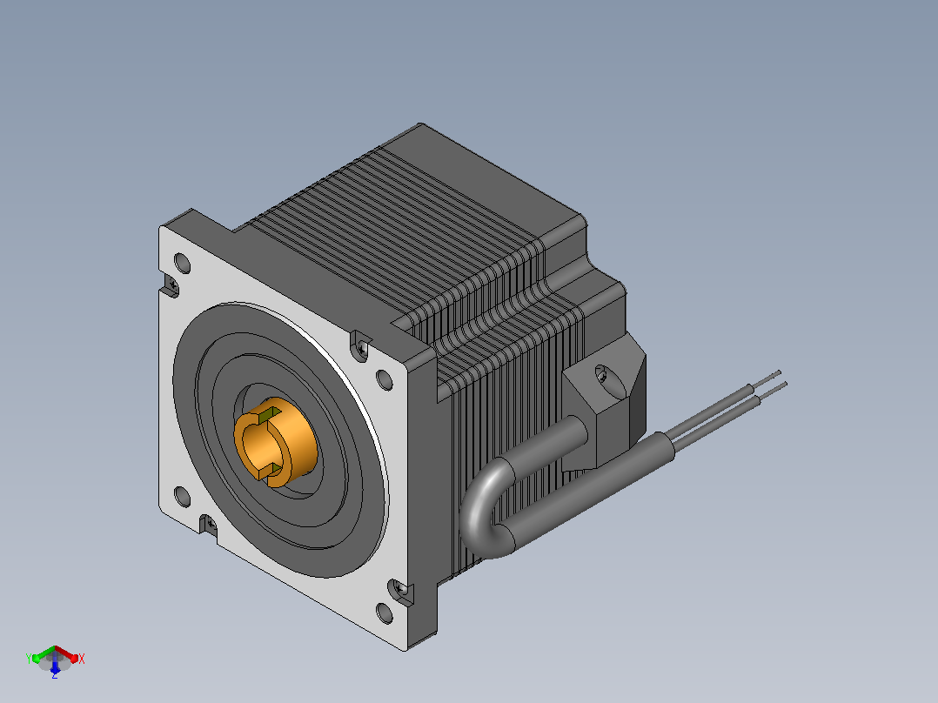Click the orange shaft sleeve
tap(277, 442)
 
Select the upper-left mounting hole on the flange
tap(182, 264)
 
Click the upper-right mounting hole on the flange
tap(384, 380)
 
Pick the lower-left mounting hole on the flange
tap(182, 497)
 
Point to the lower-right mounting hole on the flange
tap(384, 613)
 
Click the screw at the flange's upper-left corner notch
tap(171, 284)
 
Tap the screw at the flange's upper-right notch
tap(361, 347)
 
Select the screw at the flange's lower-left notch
tap(211, 526)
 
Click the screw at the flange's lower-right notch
tap(401, 591)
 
